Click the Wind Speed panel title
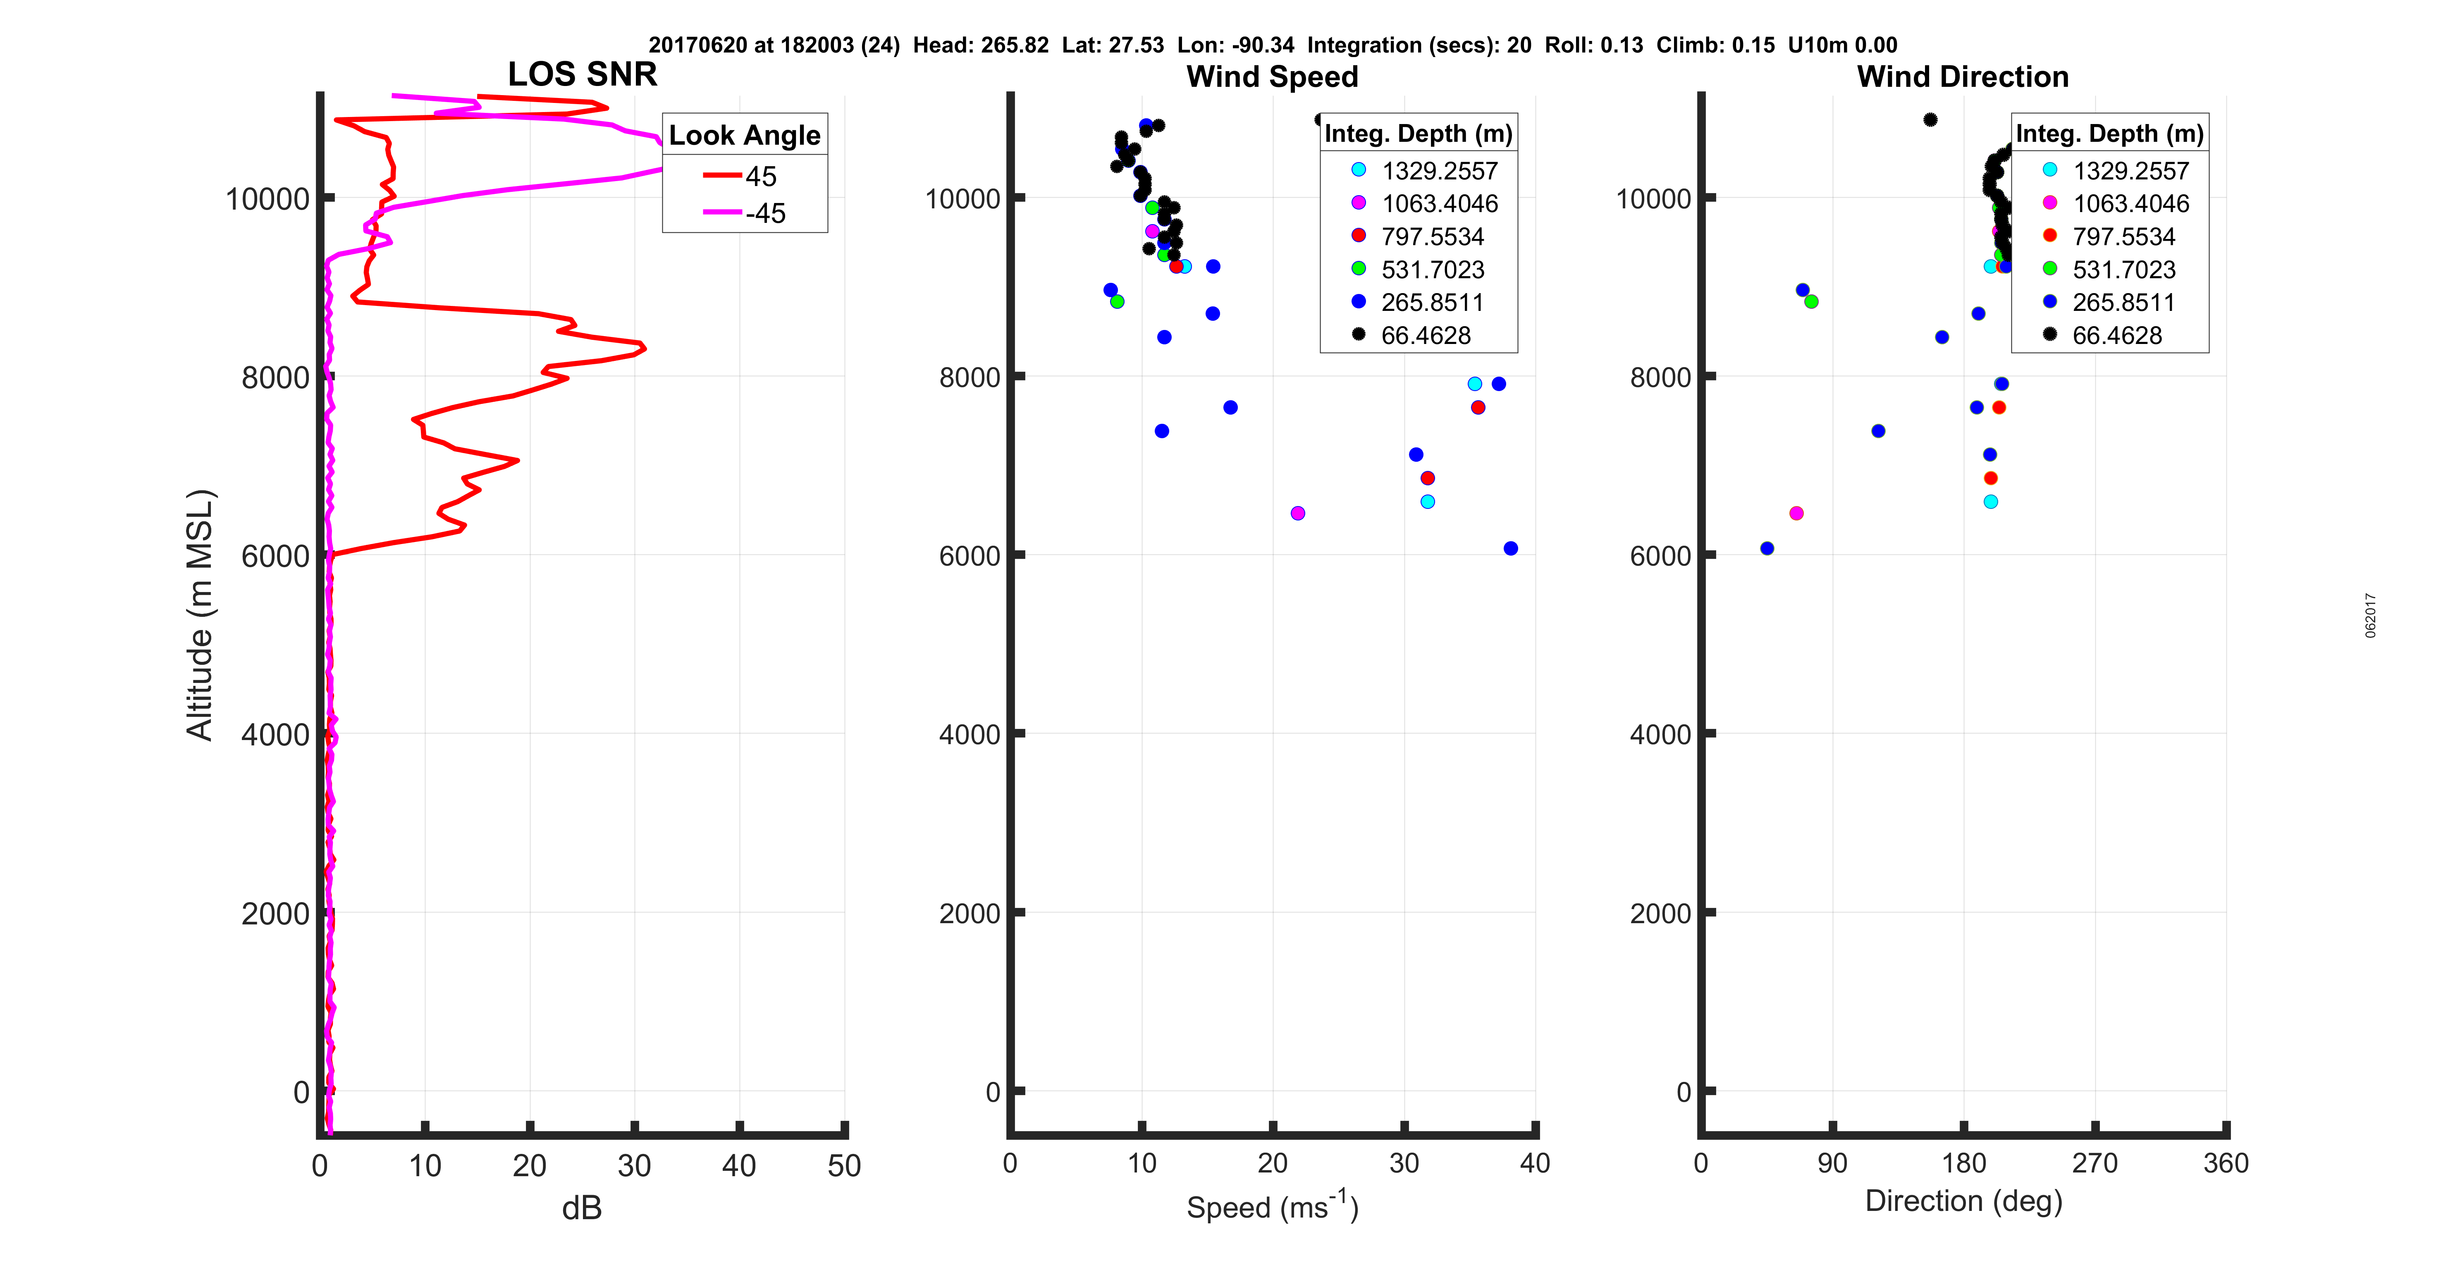[1272, 76]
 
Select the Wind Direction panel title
[1963, 76]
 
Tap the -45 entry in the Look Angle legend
[764, 213]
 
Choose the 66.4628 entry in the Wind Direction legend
[2116, 335]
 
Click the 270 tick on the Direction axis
[2094, 1163]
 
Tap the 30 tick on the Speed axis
[1404, 1163]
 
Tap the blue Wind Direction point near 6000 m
[1767, 548]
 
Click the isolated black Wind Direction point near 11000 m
[1930, 119]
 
